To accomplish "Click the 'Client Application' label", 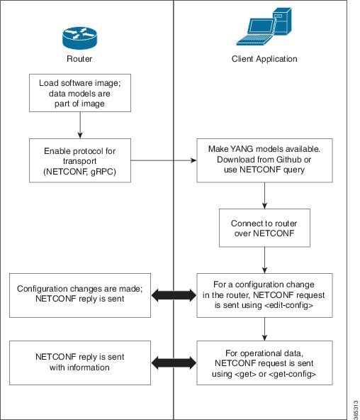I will [x=264, y=59].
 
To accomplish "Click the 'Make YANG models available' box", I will [x=264, y=160].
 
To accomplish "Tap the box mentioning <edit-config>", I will [x=264, y=294].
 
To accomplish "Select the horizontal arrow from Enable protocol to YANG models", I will [x=163, y=160].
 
